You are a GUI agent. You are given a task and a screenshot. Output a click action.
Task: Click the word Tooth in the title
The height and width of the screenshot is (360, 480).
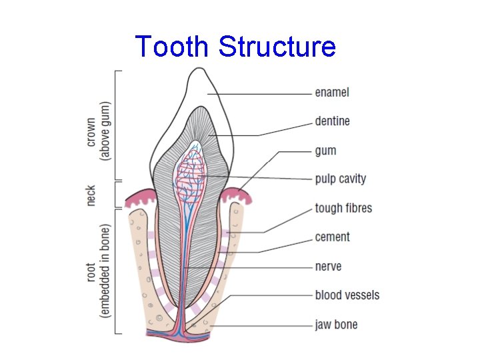[173, 47]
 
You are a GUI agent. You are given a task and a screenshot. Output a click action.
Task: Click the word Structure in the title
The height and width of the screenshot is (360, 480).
[277, 47]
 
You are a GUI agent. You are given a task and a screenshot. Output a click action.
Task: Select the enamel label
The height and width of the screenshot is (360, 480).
[332, 93]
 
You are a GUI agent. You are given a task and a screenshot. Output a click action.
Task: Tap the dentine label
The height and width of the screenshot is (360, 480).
[332, 121]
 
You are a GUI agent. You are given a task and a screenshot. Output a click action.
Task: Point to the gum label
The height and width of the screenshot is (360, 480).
[325, 151]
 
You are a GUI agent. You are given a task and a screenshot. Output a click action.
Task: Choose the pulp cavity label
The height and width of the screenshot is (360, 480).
[340, 179]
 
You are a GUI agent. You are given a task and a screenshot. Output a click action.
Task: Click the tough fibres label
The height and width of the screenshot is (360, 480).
[343, 208]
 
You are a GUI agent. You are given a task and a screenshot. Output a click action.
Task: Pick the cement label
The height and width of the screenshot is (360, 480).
[332, 237]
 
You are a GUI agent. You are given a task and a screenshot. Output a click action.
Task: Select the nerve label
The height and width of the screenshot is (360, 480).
[328, 266]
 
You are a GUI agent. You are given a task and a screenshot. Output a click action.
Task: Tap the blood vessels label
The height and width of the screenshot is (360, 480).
[347, 295]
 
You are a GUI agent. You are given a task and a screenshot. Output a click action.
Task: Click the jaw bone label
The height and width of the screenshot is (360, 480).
[336, 325]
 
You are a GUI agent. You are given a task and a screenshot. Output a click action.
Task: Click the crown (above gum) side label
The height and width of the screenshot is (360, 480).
[98, 131]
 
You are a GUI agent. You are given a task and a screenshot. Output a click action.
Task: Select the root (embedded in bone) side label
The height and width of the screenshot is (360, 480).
[98, 270]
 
